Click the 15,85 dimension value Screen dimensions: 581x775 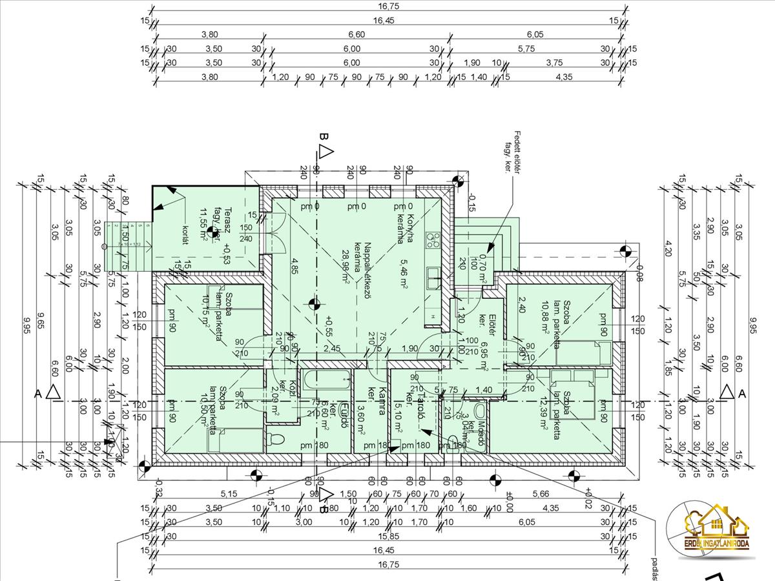387,536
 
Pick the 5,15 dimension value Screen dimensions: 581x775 229,494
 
